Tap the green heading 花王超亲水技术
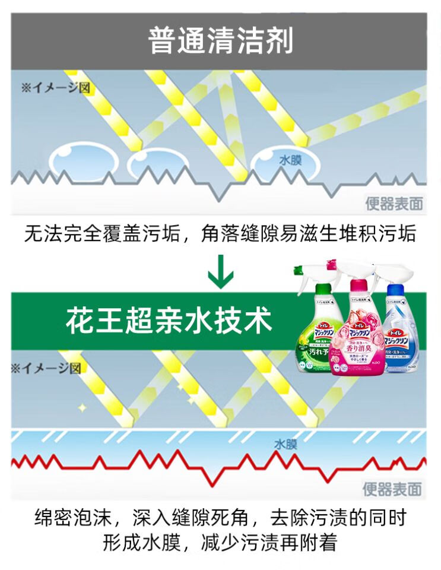[169, 321]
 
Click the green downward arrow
[220, 272]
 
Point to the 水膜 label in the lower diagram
[286, 444]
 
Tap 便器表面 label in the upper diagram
[394, 204]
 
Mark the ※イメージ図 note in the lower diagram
[46, 368]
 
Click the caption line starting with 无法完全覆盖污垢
[220, 233]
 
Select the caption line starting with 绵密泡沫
[220, 517]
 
